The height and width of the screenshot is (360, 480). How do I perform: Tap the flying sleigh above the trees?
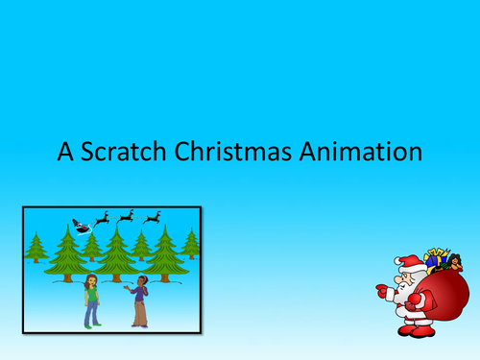click(82, 226)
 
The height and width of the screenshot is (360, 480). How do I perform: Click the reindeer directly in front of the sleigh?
click(103, 219)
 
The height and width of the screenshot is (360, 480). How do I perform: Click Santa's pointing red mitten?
click(380, 289)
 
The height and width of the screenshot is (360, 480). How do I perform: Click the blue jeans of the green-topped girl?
click(92, 315)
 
